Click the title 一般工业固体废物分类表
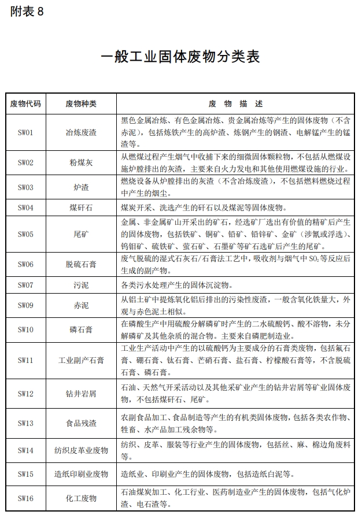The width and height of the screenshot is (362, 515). pyautogui.click(x=180, y=57)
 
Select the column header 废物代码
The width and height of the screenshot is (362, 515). pyautogui.click(x=25, y=104)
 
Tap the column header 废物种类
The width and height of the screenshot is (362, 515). pyautogui.click(x=81, y=104)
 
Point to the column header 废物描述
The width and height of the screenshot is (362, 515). pyautogui.click(x=235, y=104)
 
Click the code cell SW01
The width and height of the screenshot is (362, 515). pyautogui.click(x=25, y=132)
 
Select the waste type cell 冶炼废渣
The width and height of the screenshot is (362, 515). pyautogui.click(x=81, y=132)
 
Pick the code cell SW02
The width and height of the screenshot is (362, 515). pyautogui.click(x=25, y=162)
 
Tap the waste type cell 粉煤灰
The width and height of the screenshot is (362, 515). pyautogui.click(x=81, y=162)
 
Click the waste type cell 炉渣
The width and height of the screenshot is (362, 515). pyautogui.click(x=81, y=187)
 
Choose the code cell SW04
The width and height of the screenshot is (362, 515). pyautogui.click(x=25, y=207)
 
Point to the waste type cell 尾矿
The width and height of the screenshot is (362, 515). pyautogui.click(x=81, y=234)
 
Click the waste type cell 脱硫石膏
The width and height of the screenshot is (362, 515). pyautogui.click(x=81, y=264)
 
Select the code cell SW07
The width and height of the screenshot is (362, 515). pyautogui.click(x=25, y=285)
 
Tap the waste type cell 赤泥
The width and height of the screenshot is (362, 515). pyautogui.click(x=81, y=305)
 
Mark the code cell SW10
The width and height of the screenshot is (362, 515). pyautogui.click(x=25, y=329)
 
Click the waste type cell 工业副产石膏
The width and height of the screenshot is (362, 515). pyautogui.click(x=81, y=360)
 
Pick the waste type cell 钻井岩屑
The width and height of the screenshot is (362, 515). pyautogui.click(x=81, y=394)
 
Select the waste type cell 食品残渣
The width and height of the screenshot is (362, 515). pyautogui.click(x=81, y=423)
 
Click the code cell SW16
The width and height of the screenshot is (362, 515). pyautogui.click(x=25, y=498)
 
